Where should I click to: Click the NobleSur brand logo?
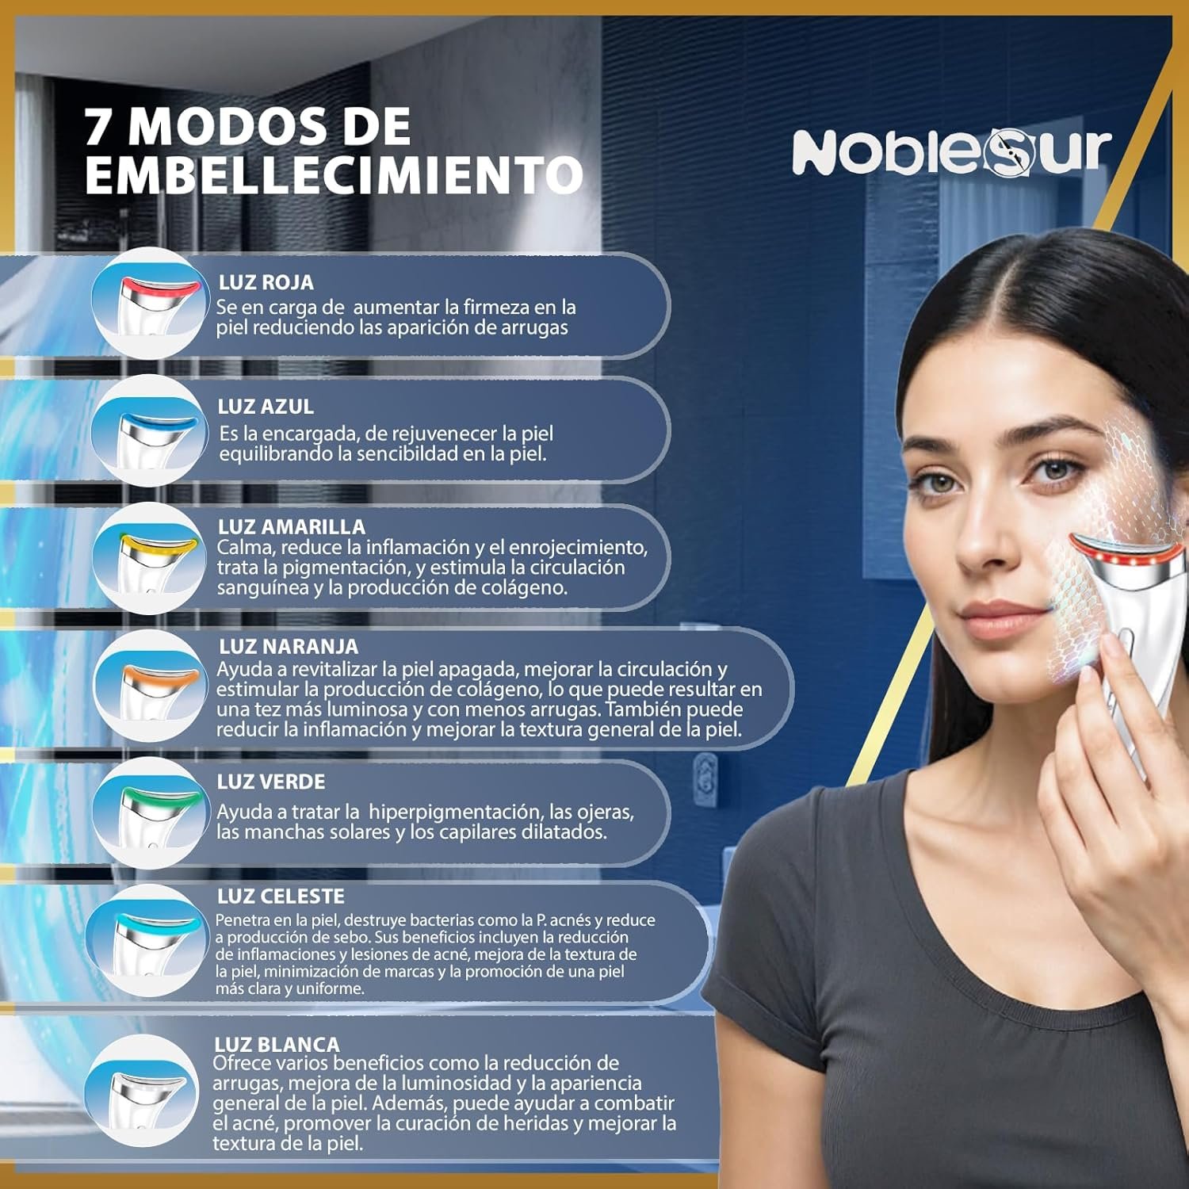click(952, 151)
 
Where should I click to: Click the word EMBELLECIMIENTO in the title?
click(334, 174)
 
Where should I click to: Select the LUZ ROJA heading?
click(266, 282)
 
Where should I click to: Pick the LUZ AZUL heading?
click(266, 407)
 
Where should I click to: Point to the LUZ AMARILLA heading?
click(292, 527)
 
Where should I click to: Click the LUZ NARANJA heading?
click(289, 647)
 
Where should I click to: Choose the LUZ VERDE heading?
click(271, 782)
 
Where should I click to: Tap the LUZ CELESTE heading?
click(281, 897)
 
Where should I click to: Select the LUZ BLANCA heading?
click(277, 1045)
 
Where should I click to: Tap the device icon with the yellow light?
click(147, 558)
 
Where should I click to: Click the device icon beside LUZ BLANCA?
click(141, 1090)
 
